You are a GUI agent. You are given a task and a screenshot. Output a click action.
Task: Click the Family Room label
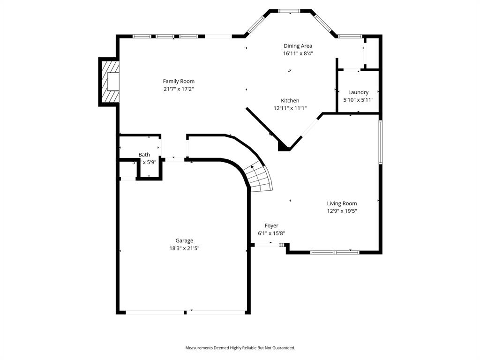(179, 81)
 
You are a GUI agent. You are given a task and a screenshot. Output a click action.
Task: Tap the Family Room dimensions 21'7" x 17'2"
(179, 89)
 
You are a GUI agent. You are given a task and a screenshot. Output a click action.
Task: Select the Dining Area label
(298, 46)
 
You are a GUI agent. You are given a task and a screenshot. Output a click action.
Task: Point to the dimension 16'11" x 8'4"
(298, 53)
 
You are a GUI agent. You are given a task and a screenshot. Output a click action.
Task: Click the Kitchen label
(290, 100)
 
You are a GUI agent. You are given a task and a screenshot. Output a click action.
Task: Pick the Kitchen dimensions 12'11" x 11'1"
(290, 108)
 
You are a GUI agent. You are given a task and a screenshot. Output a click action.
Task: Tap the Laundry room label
(358, 92)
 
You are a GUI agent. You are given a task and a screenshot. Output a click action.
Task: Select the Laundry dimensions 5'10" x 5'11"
(358, 100)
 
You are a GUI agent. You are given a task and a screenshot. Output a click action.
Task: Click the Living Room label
(342, 203)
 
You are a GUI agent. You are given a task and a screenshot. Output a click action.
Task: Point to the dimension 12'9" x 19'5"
(342, 211)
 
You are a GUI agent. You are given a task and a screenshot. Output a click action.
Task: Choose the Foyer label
(271, 225)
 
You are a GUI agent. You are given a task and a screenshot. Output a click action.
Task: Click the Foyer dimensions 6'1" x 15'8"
(271, 233)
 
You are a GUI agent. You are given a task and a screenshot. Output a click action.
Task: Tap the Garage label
(184, 241)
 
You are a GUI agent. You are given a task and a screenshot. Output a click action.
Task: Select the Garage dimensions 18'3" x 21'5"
(184, 248)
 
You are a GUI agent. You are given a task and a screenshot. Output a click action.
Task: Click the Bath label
(144, 155)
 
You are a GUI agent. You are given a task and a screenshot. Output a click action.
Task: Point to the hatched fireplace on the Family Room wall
(109, 82)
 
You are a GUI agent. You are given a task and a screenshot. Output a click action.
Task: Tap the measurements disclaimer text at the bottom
(240, 348)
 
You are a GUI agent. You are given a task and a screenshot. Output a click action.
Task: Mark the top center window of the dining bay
(290, 11)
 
